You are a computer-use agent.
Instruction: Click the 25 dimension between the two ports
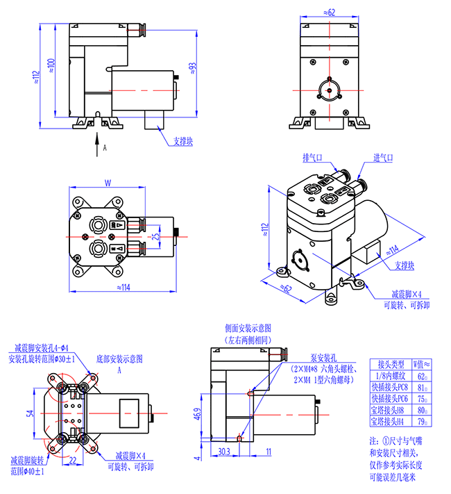tap(156, 236)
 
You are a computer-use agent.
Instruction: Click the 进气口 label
tap(383, 158)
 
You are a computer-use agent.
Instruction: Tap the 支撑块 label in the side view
tap(184, 141)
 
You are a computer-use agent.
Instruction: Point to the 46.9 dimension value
tap(198, 415)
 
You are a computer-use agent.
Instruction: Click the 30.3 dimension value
tap(224, 452)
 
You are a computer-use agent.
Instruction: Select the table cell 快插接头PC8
tap(390, 388)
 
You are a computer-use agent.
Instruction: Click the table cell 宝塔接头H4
tap(390, 421)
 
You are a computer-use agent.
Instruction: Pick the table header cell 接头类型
tap(390, 364)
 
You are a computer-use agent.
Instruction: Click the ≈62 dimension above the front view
tap(330, 13)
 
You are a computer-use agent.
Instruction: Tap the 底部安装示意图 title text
tap(119, 359)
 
